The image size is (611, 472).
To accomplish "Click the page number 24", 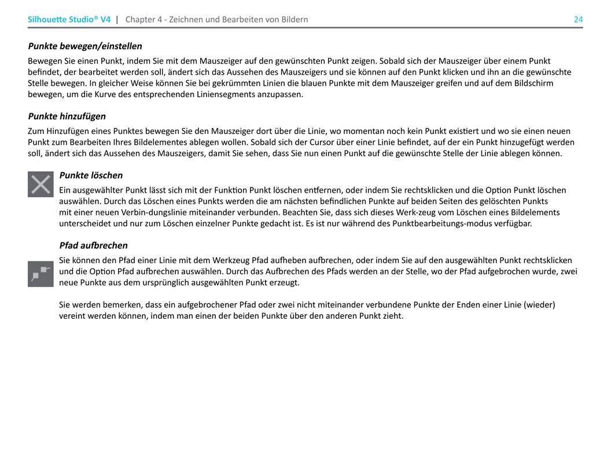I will click(x=578, y=20).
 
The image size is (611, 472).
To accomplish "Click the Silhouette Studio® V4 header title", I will click(x=69, y=20).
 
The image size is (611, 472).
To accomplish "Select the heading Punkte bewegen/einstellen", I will click(x=85, y=46).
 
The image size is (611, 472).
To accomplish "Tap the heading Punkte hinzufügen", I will click(x=67, y=116).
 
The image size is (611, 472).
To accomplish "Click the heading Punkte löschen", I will click(x=91, y=175).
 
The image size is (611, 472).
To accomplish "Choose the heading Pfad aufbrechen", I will click(x=93, y=245).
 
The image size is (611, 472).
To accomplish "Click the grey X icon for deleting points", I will click(x=41, y=185).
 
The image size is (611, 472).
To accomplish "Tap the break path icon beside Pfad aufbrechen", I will click(x=41, y=274).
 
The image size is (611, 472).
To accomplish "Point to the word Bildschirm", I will click(x=533, y=83).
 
